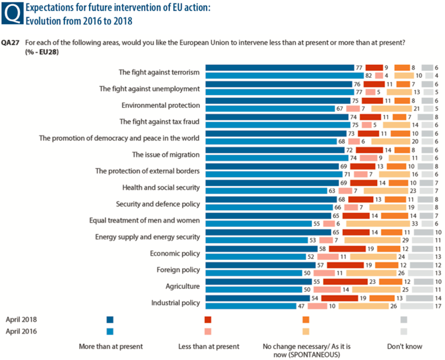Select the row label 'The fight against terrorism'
point(159,72)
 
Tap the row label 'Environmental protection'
point(161,105)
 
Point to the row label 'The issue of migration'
point(165,155)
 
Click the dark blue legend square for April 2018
point(110,320)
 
